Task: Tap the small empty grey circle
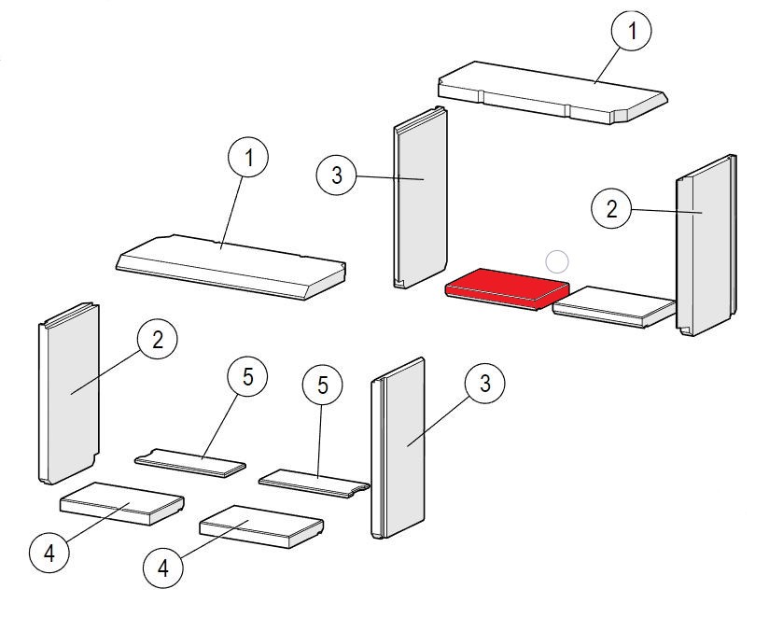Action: [557, 262]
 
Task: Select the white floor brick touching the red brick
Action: [614, 305]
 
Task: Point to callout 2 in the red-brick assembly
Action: [612, 208]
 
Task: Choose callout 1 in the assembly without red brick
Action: [247, 159]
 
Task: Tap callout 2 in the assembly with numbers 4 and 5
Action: [157, 340]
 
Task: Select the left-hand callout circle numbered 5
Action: [247, 377]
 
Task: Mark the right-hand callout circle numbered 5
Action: [322, 385]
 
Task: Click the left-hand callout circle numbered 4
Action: [49, 554]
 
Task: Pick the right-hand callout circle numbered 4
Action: [164, 568]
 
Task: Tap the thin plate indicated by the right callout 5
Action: [314, 483]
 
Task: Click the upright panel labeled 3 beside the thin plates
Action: [399, 448]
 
